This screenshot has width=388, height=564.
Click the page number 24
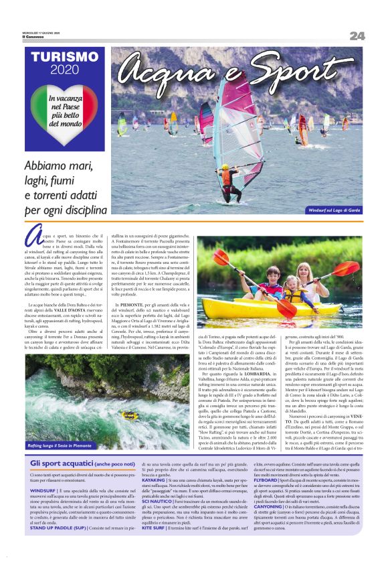[x=357, y=35]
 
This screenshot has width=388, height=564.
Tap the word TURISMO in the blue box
[x=64, y=58]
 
